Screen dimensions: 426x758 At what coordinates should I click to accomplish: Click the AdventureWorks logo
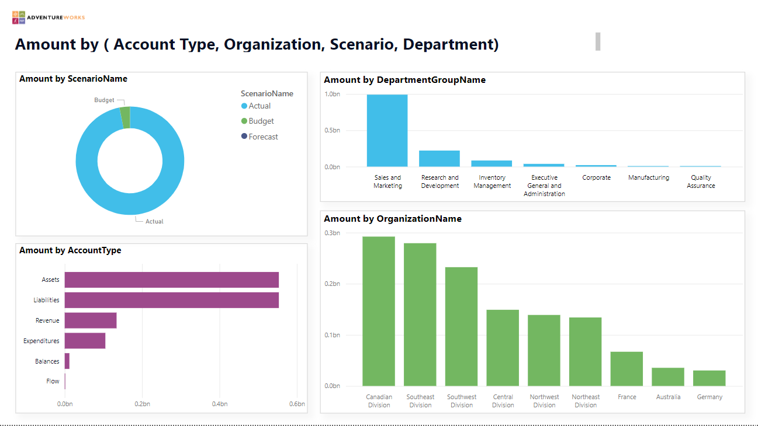pyautogui.click(x=48, y=18)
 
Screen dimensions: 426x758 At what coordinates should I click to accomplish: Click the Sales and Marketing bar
pyautogui.click(x=387, y=131)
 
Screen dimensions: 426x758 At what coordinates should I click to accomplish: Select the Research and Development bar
pyautogui.click(x=439, y=159)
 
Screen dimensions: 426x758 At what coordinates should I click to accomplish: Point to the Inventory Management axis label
pyautogui.click(x=492, y=181)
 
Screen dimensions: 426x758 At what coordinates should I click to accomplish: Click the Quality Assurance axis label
pyautogui.click(x=701, y=181)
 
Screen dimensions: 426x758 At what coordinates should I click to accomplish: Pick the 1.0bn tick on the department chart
pyautogui.click(x=332, y=94)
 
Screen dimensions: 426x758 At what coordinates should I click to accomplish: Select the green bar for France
pyautogui.click(x=627, y=369)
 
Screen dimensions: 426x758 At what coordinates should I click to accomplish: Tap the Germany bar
pyautogui.click(x=709, y=378)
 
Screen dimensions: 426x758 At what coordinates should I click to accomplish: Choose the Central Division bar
pyautogui.click(x=503, y=348)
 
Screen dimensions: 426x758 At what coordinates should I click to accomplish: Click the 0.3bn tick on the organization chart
pyautogui.click(x=332, y=233)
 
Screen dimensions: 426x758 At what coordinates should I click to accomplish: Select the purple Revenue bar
pyautogui.click(x=91, y=320)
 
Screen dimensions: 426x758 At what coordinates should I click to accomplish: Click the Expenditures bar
pyautogui.click(x=85, y=341)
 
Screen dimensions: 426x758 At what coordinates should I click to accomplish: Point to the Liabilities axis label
pyautogui.click(x=46, y=300)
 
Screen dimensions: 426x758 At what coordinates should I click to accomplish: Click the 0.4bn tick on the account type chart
pyautogui.click(x=220, y=404)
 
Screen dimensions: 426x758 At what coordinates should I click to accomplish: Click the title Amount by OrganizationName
pyautogui.click(x=393, y=219)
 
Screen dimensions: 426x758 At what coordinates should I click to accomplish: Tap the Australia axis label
pyautogui.click(x=668, y=397)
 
